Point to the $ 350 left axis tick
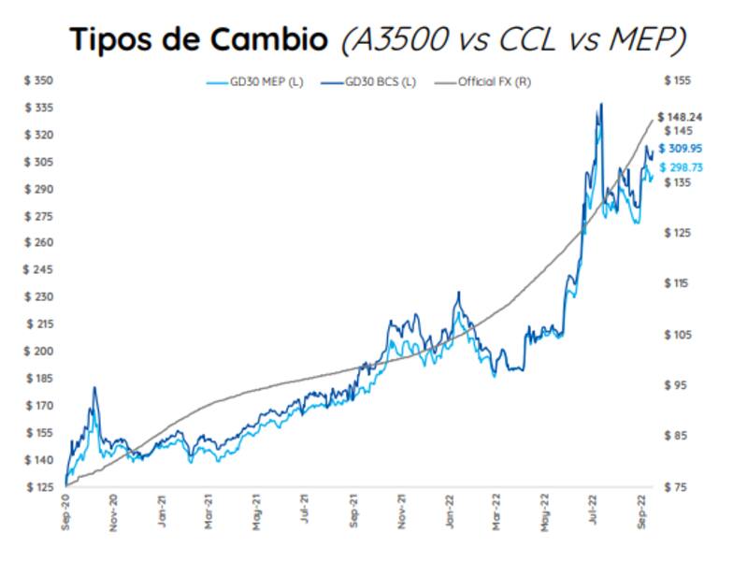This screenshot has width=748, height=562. [38, 81]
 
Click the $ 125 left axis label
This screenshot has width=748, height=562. [38, 487]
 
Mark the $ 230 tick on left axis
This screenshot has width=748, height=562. [38, 297]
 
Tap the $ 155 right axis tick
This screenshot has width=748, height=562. [676, 81]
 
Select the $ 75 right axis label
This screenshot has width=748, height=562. [674, 487]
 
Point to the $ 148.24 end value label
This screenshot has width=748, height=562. [682, 117]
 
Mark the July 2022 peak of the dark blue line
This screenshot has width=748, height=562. [601, 104]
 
